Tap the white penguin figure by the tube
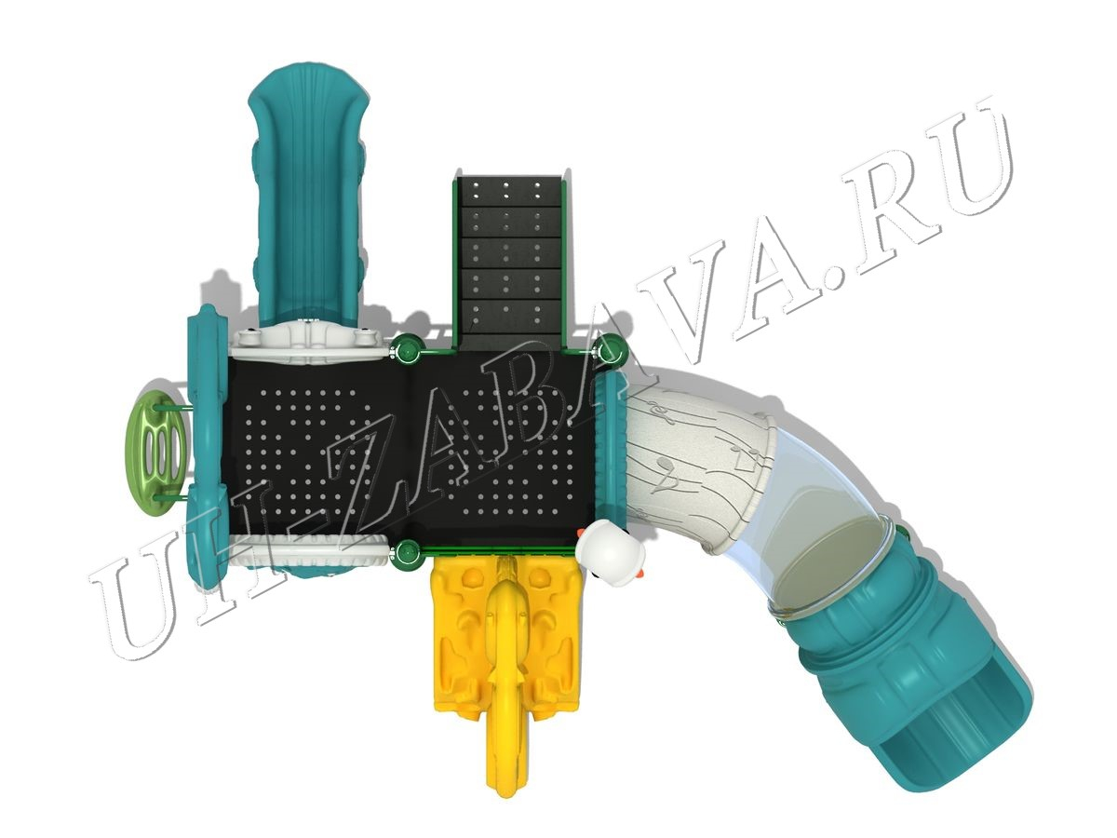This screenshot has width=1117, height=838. point(611,554)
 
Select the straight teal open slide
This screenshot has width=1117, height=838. point(309,194)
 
